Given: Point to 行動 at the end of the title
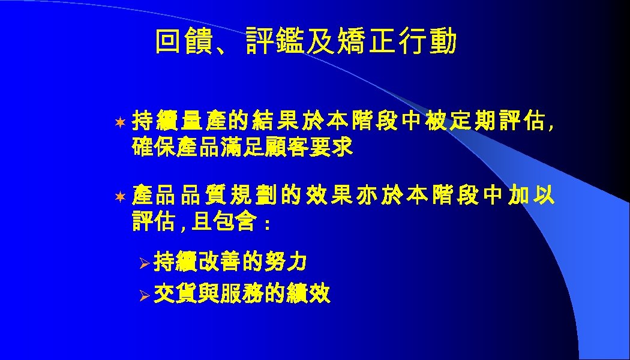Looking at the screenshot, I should pos(434,43).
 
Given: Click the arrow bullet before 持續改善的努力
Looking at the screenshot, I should pos(143,263).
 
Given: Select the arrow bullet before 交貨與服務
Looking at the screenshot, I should pos(143,295).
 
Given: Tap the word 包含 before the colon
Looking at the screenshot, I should pos(240,223).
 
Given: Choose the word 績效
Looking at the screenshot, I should pos(308,295).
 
